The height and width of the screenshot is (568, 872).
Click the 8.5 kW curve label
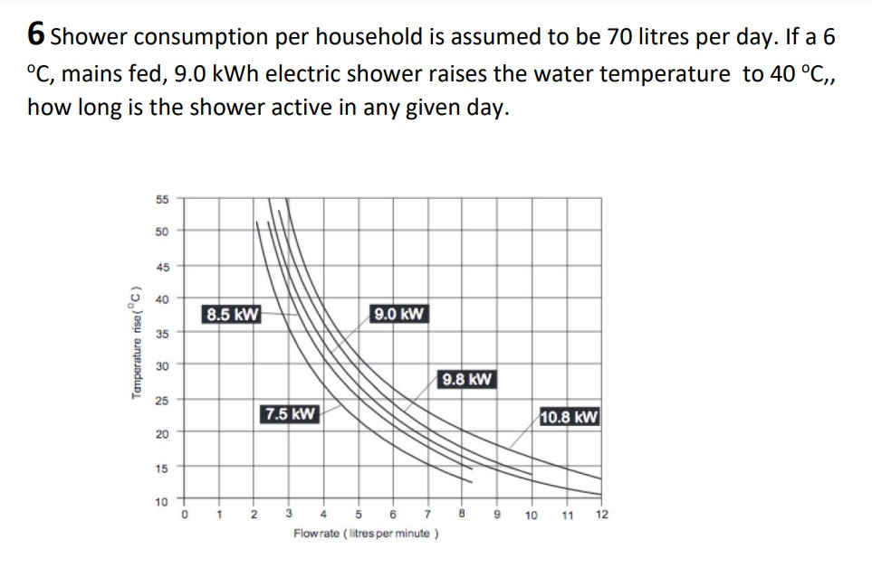(x=233, y=315)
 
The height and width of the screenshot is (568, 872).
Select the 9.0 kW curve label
(x=398, y=315)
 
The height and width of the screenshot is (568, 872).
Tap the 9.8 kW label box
(x=466, y=379)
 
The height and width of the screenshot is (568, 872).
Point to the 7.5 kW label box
(x=290, y=414)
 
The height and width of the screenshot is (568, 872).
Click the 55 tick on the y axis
(x=161, y=197)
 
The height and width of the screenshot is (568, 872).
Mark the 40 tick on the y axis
(x=161, y=298)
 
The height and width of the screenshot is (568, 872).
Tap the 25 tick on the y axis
(x=161, y=399)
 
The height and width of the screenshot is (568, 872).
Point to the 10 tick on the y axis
(x=161, y=500)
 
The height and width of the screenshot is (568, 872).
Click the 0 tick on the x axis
(x=185, y=516)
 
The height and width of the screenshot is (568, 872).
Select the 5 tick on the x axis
(x=358, y=516)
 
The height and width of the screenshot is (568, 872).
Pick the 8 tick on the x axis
(x=462, y=516)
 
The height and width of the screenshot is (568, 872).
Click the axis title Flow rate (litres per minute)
(x=366, y=534)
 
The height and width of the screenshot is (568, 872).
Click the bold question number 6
(x=36, y=34)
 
